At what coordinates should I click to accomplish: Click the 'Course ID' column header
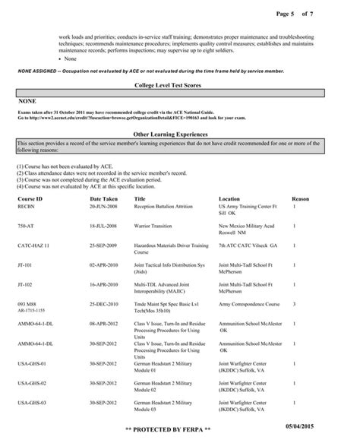tap(30, 197)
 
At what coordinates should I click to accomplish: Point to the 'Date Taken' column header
tap(104, 197)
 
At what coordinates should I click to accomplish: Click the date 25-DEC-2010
tap(104, 303)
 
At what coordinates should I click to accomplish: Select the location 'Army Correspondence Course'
tap(251, 303)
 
